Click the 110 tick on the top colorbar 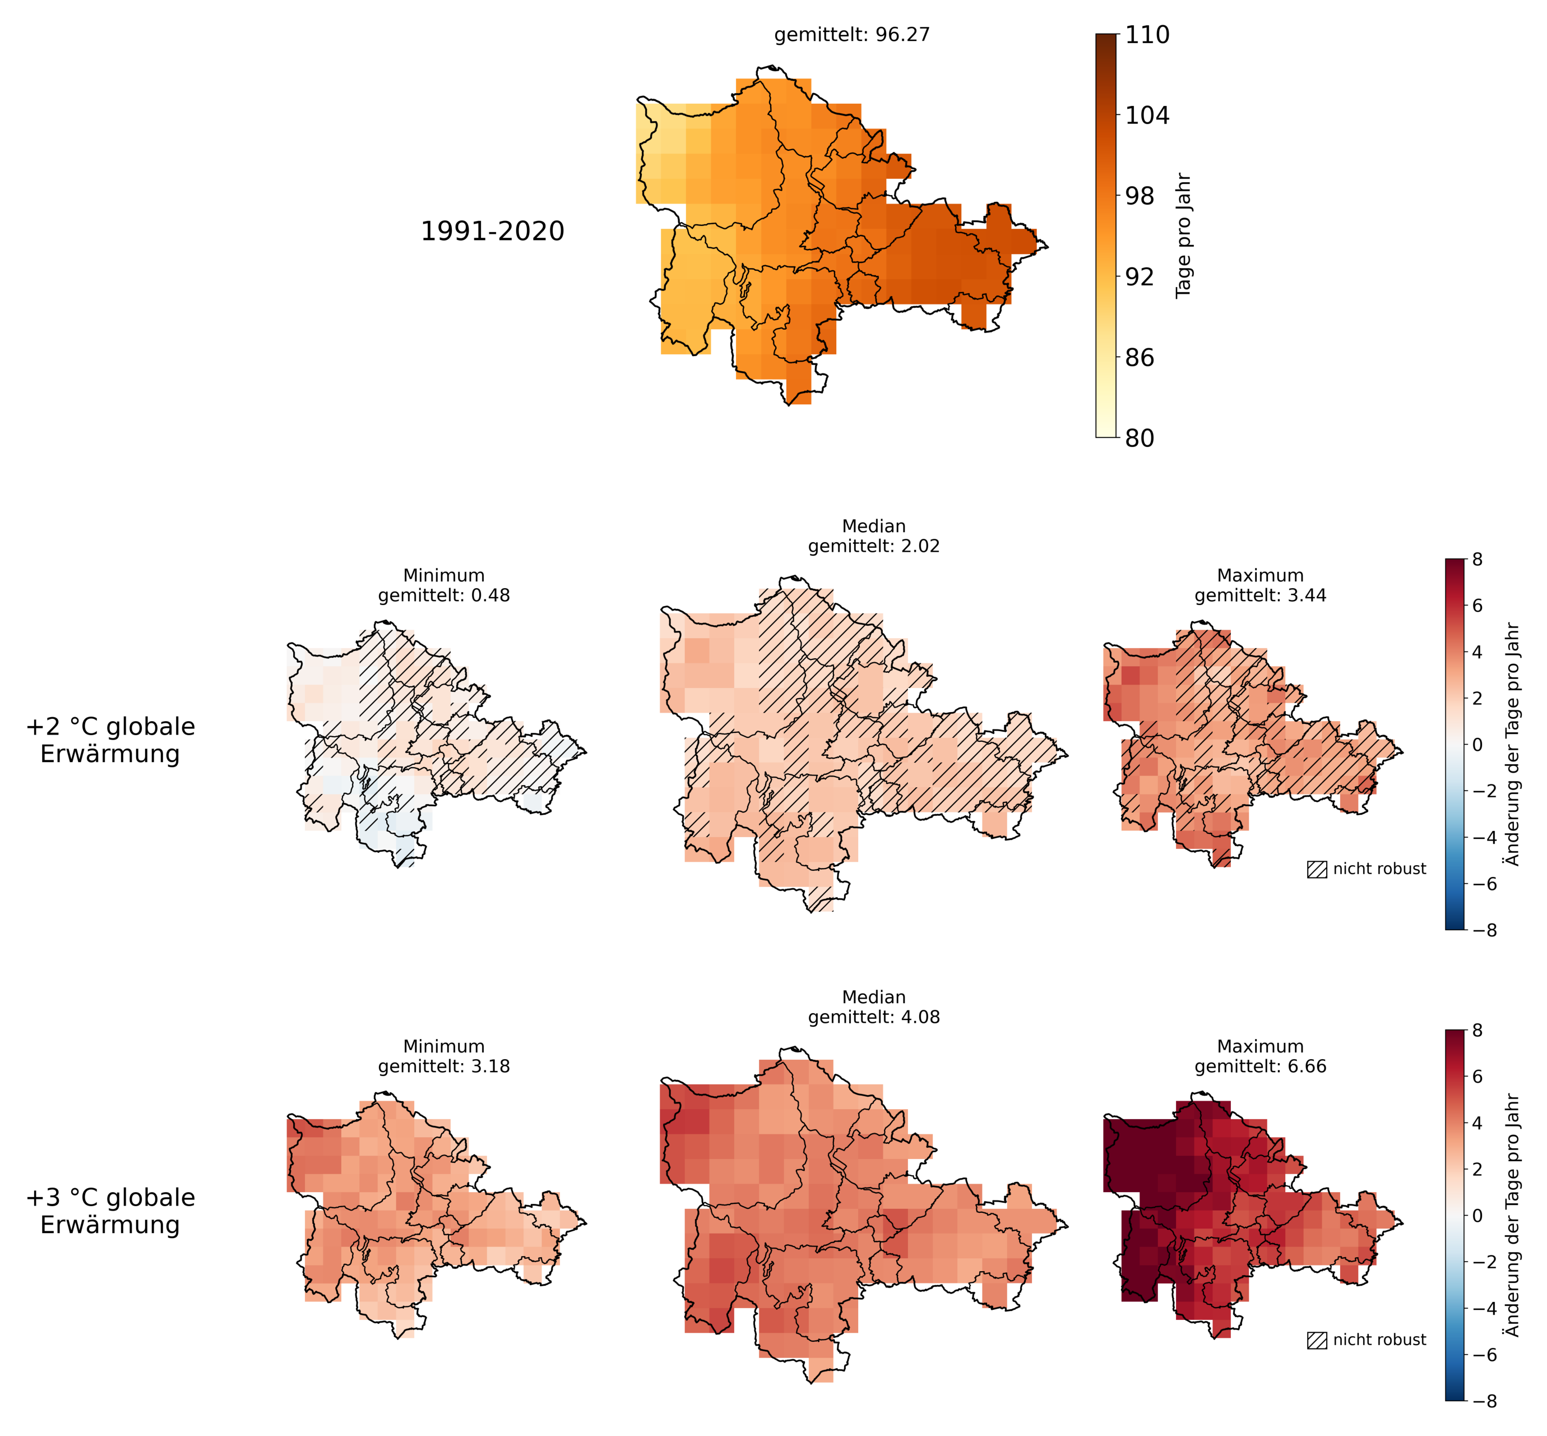point(1146,35)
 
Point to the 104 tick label point(1146,116)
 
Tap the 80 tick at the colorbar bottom point(1140,439)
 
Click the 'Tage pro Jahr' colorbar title point(1183,236)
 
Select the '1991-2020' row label point(492,232)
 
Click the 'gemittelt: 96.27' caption point(852,35)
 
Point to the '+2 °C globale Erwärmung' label point(110,740)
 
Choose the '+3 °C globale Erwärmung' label point(110,1211)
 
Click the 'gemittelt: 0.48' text point(444,596)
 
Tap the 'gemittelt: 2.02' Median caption point(874,546)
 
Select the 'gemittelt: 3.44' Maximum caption point(1261,596)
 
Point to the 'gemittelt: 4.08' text point(874,1017)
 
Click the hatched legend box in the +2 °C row point(1317,870)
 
